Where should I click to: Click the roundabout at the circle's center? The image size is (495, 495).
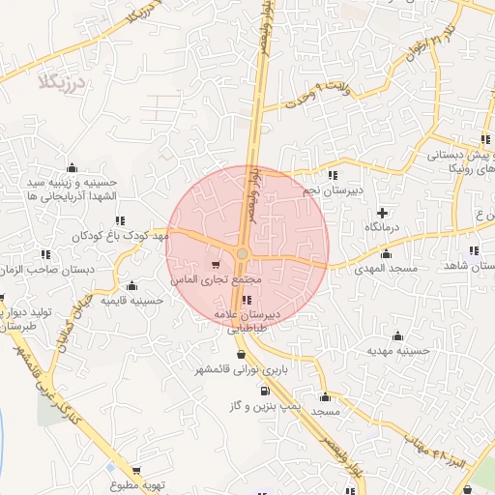coord(242,254)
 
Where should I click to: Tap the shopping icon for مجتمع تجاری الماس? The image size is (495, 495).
coord(216,264)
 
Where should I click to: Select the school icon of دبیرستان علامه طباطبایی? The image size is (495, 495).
coord(247,300)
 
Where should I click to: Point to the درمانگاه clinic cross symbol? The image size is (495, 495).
coord(382,212)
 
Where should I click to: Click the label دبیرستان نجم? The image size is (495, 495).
coord(332,189)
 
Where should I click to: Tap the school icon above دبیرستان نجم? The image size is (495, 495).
coord(333,175)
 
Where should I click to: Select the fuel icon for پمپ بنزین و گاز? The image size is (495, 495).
coord(263,392)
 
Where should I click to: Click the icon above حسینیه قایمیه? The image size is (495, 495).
coord(131,286)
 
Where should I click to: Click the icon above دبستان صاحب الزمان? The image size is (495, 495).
coord(44,254)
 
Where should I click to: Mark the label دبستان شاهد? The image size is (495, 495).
coord(470,265)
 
